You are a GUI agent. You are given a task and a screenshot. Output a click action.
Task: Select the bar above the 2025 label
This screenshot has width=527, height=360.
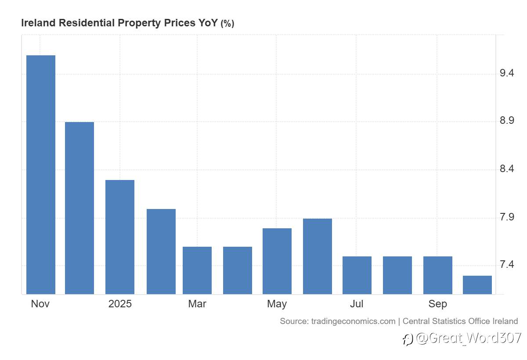[120, 237]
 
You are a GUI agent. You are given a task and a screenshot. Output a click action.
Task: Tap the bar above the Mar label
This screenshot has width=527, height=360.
[197, 270]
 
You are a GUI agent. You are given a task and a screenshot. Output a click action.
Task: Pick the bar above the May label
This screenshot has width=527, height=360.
[277, 261]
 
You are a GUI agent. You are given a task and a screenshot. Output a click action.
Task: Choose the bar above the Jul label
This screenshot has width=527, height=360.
[357, 275]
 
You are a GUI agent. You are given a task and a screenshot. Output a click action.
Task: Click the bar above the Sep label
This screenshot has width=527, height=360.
[438, 275]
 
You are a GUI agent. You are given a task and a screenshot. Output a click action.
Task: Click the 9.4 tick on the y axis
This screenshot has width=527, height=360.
[507, 73]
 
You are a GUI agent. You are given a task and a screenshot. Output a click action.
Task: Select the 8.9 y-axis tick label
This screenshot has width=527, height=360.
[507, 121]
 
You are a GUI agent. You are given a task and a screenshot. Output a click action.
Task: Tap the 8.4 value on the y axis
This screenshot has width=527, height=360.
[507, 169]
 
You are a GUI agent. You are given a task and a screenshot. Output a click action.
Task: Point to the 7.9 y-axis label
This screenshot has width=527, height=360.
[507, 217]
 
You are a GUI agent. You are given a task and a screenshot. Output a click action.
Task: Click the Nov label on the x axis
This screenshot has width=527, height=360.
[40, 304]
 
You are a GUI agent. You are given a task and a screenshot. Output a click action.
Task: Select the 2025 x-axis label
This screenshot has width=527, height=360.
[120, 304]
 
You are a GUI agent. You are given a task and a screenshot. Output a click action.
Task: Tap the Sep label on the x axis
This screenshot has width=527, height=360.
[438, 304]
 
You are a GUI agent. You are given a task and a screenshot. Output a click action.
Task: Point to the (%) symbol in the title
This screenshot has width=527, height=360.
[227, 24]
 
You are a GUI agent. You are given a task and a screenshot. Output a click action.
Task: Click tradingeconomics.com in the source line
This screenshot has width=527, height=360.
[353, 321]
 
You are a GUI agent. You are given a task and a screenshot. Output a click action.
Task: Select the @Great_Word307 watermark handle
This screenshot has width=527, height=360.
[468, 338]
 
